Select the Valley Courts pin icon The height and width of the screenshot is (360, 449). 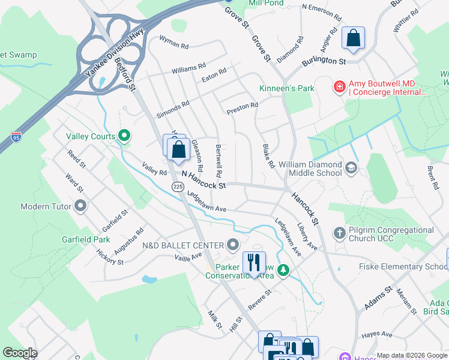pos(125,136)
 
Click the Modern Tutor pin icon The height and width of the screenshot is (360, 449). pos(80,207)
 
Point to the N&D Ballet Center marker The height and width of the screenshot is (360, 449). pos(234,245)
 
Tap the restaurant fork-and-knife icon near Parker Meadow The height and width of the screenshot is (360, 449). pos(254,262)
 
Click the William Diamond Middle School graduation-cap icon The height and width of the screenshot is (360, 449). pos(351,169)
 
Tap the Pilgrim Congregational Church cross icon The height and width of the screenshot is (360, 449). pos(340,233)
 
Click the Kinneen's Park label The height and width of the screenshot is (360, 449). pos(287,89)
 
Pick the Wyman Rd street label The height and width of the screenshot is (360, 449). pos(174,41)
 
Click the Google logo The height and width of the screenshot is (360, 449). pos(19,353)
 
